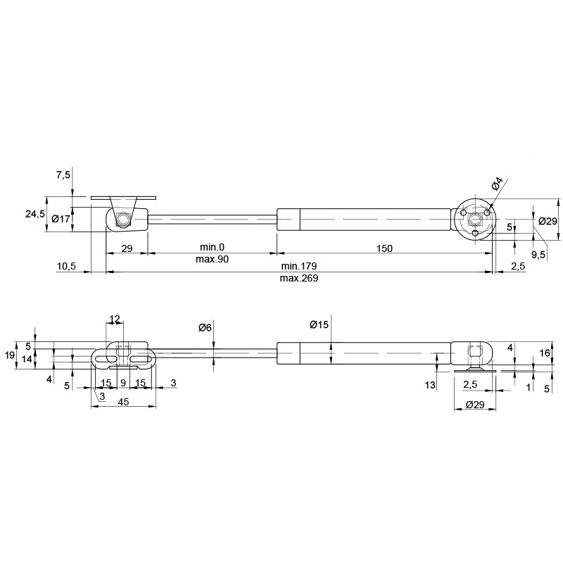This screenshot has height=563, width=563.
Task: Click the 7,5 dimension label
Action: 63,175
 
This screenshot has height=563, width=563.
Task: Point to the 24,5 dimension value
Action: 35,214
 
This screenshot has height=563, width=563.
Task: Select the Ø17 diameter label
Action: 61,218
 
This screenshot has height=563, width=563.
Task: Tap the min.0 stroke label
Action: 213,247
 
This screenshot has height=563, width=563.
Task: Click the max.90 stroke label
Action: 213,259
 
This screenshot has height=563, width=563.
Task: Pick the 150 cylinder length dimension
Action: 384,248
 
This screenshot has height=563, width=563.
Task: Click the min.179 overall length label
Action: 299,266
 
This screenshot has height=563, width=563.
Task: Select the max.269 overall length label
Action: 299,278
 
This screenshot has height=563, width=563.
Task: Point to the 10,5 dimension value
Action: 66,266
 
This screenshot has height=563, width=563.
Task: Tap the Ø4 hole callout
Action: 498,184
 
